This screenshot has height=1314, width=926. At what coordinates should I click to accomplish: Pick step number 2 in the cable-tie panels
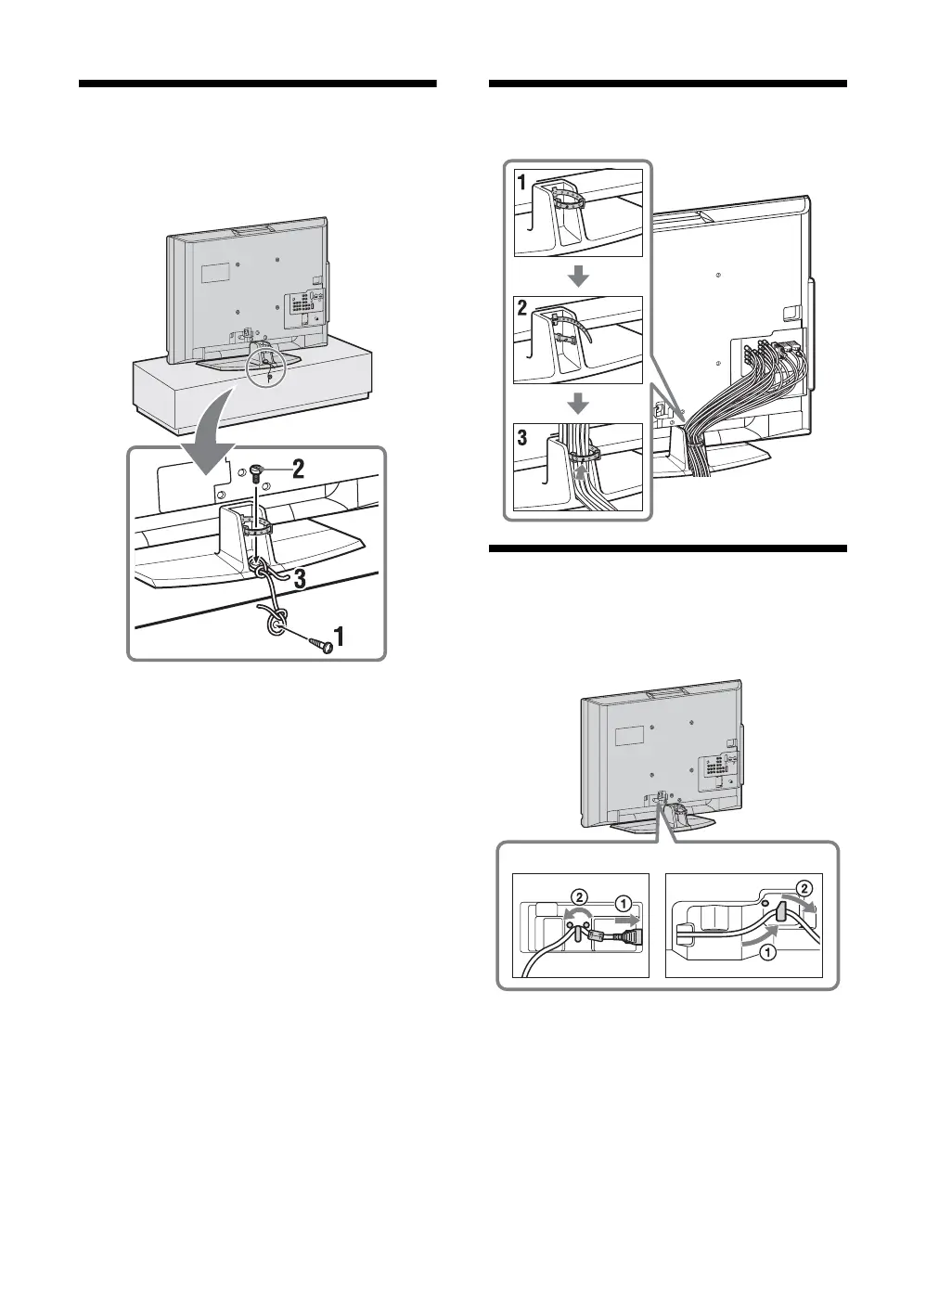pos(523,310)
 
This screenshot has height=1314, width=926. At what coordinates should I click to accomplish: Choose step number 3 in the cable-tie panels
pos(523,437)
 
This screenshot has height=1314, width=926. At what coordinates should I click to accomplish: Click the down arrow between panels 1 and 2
pos(578,276)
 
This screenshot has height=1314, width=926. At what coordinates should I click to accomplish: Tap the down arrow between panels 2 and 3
pos(578,403)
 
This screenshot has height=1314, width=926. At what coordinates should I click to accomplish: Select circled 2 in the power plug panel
pos(577,897)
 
